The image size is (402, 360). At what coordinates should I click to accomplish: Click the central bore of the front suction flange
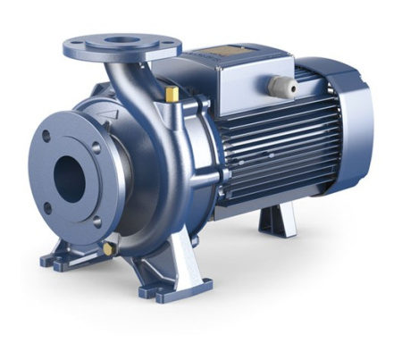coord(70,179)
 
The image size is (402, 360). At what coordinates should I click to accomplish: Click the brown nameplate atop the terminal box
coord(235,56)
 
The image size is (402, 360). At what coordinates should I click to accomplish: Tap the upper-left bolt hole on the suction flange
coord(46,138)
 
